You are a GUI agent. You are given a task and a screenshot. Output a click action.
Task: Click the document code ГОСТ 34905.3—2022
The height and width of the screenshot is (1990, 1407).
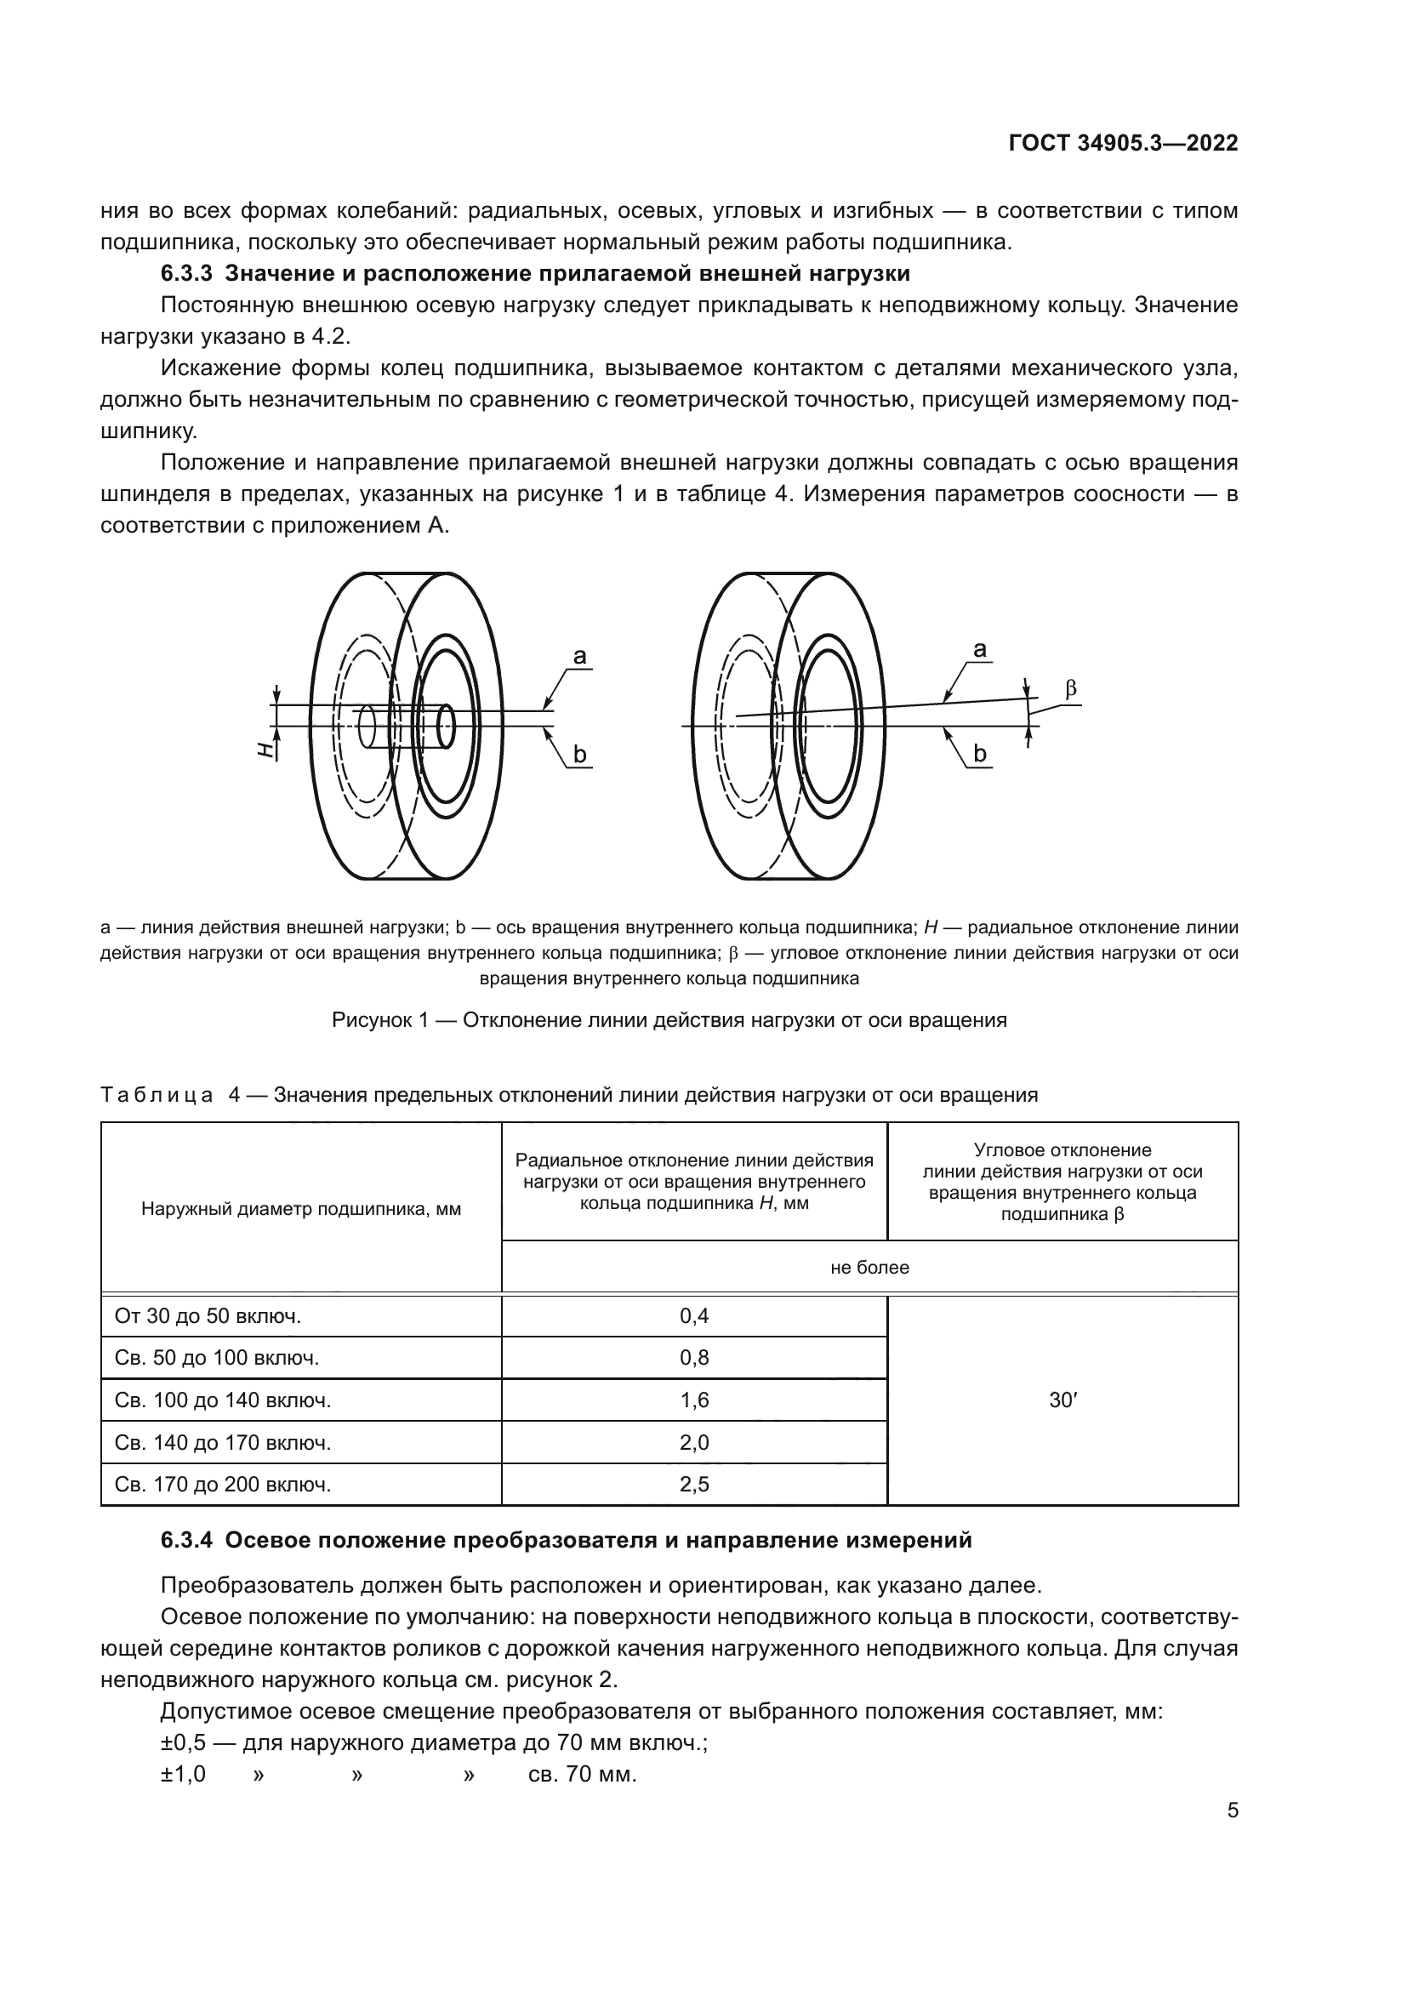[1123, 144]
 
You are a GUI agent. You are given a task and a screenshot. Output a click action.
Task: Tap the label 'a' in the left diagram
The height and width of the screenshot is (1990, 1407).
[579, 657]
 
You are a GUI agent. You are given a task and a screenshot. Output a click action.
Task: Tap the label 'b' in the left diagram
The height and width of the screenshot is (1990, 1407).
[579, 755]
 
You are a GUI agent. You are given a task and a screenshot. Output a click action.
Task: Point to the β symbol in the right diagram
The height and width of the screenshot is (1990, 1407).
[1071, 689]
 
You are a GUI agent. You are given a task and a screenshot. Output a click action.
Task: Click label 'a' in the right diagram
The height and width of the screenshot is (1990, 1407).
[980, 649]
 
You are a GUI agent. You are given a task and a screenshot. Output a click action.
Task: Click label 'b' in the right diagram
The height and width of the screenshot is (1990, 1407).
[980, 754]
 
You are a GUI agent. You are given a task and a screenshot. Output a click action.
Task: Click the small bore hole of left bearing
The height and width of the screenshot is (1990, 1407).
[447, 726]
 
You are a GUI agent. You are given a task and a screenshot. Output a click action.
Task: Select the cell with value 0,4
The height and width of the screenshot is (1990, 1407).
[694, 1315]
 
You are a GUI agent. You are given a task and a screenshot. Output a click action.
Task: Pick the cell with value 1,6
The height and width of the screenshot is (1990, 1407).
[694, 1400]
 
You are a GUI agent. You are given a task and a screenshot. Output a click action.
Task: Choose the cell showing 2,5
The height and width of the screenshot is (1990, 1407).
[694, 1485]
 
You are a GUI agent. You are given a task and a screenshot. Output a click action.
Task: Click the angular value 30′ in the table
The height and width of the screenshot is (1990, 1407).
[1062, 1400]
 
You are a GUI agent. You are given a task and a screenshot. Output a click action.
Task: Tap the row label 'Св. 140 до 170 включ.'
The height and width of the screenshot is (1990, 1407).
[223, 1442]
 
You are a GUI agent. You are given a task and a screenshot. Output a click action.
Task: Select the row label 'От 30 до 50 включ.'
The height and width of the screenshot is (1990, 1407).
[208, 1315]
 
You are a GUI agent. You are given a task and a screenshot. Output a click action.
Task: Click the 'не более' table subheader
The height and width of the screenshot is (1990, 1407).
[869, 1267]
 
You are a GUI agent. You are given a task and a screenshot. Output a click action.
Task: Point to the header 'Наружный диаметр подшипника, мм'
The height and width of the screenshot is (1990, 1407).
[300, 1209]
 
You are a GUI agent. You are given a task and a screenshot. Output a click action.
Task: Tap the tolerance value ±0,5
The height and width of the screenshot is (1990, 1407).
[183, 1743]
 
